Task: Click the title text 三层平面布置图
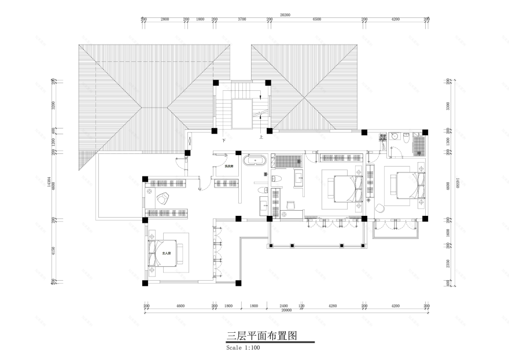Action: tap(262, 336)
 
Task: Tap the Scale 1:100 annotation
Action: tap(244, 348)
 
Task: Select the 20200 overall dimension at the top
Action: tap(285, 15)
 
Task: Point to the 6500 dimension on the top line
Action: tap(316, 20)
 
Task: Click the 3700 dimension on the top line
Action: tap(242, 20)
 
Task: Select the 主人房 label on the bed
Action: tap(165, 254)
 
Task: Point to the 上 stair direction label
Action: tap(261, 138)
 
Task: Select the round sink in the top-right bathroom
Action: tap(394, 137)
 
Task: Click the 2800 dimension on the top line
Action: tap(165, 20)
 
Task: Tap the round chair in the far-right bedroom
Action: tap(380, 208)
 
